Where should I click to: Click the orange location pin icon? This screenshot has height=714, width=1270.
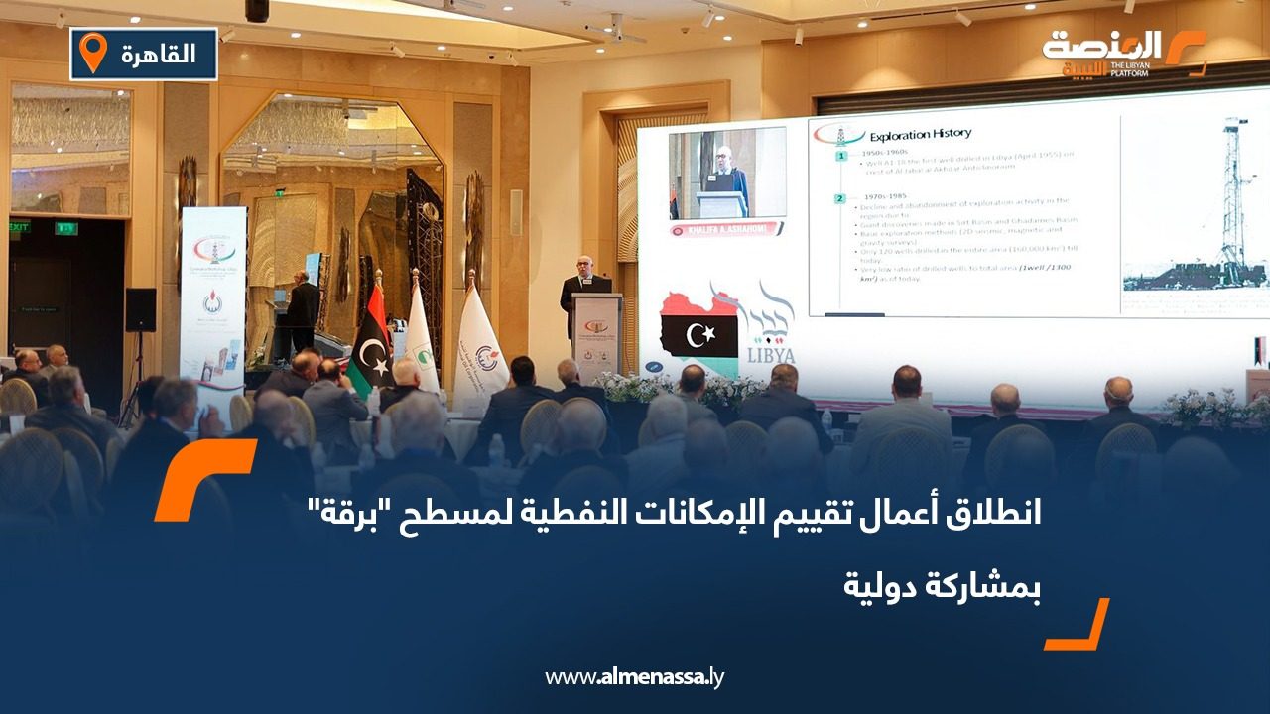tap(92, 53)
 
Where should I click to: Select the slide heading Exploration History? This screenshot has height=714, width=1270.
tap(920, 133)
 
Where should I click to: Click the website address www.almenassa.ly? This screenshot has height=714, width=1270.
tap(635, 677)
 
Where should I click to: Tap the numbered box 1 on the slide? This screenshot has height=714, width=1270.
tap(839, 157)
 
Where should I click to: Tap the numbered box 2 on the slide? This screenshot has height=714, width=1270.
tap(839, 198)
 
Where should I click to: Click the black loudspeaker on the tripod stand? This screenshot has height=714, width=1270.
tap(140, 309)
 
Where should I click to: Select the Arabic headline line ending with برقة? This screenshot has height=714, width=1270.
tap(674, 516)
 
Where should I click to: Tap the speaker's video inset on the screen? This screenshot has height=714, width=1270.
tap(726, 173)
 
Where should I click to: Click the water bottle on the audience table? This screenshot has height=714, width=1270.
tap(495, 451)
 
